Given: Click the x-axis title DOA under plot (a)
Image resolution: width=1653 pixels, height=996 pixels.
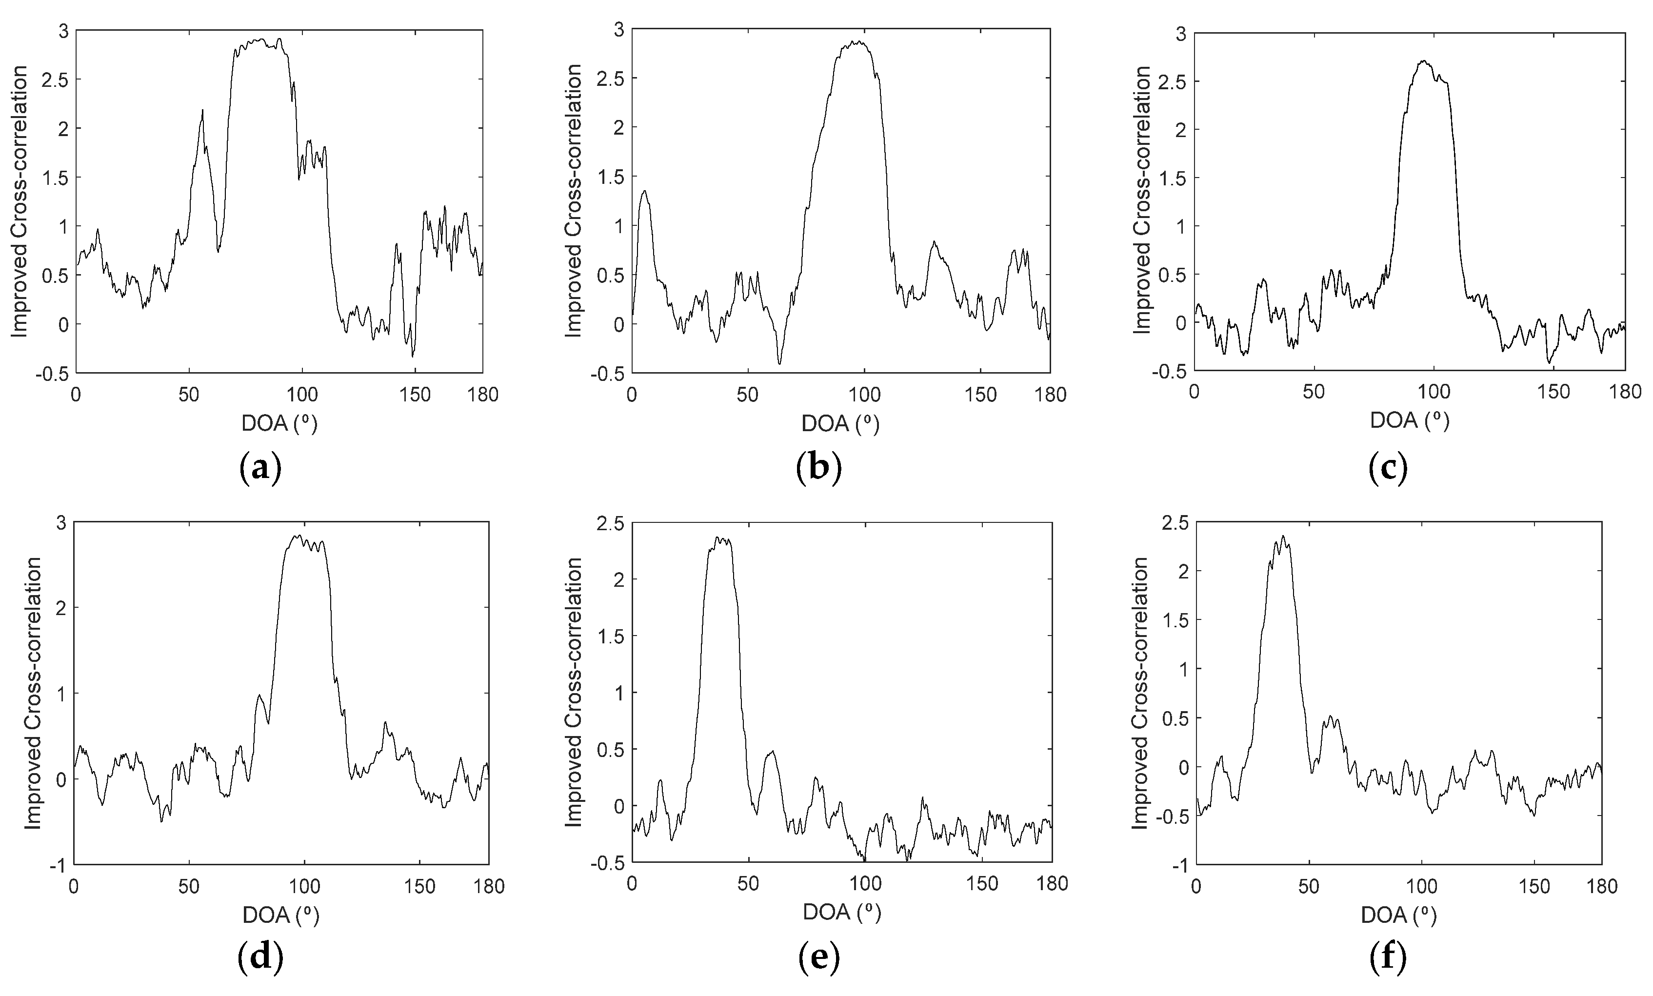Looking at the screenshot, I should point(279,424).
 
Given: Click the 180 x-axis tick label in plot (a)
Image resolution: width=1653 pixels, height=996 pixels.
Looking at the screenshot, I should point(482,395).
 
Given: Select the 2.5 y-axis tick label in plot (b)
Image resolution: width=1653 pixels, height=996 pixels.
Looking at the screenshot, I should point(608,79).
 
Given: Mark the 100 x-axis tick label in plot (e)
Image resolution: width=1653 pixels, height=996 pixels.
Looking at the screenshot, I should point(865,883).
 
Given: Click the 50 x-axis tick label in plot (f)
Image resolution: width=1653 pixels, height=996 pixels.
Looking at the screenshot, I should point(1308,887).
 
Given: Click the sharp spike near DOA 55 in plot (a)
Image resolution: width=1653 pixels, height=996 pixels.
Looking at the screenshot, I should point(202,111).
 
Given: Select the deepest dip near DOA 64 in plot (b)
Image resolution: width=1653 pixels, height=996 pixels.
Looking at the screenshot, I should point(779,363).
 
